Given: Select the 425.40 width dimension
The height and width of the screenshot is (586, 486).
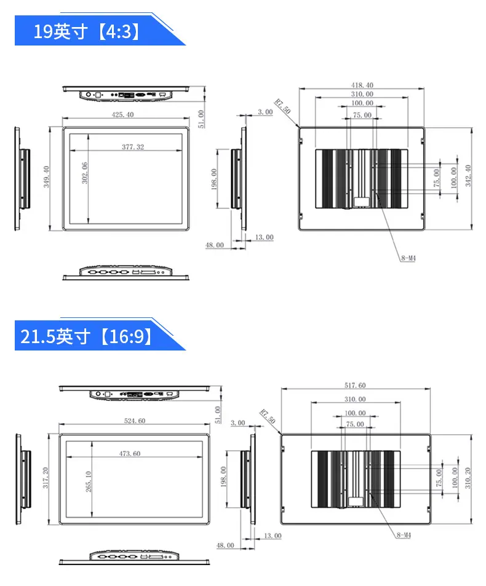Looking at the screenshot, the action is coord(122,115).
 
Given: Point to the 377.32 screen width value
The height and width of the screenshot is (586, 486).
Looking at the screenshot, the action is coord(133,147).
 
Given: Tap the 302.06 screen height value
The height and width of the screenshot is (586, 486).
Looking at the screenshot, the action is coord(85,173).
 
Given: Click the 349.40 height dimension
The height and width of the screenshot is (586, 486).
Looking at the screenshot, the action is coord(46,176).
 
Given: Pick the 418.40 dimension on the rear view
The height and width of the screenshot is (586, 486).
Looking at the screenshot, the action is coord(362,85).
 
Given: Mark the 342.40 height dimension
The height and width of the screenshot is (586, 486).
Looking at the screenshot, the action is coord(468,176).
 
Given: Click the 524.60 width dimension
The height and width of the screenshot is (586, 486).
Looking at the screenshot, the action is coord(135,421).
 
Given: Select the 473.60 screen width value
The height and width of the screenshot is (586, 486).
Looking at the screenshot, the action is coord(130,453).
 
